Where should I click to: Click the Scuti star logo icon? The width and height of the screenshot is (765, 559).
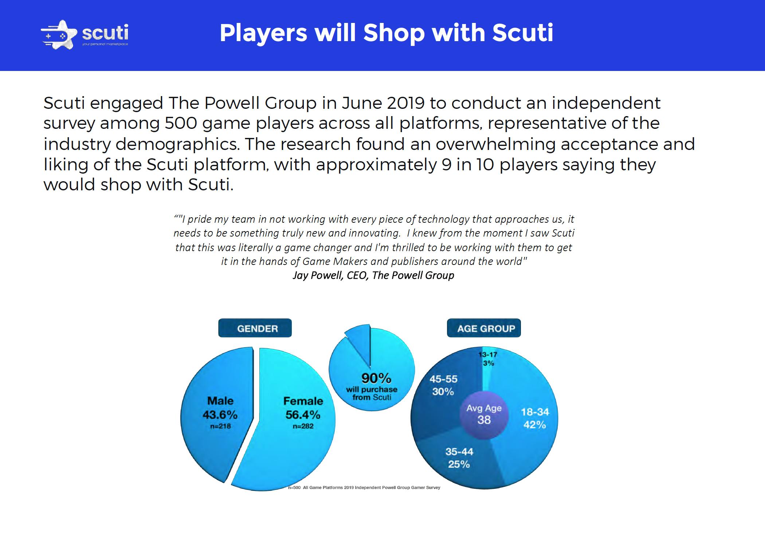59,34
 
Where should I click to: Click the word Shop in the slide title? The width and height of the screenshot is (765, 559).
394,33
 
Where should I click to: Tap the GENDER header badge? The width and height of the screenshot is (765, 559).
255,328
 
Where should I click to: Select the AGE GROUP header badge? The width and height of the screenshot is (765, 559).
484,328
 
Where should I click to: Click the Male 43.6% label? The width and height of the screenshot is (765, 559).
220,408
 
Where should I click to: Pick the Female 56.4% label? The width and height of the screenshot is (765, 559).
303,408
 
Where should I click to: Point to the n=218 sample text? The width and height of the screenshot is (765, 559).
220,426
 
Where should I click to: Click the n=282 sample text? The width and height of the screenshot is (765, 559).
303,426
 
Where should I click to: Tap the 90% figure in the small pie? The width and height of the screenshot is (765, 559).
376,378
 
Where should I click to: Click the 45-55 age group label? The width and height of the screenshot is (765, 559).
443,379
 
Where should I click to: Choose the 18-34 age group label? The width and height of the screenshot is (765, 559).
535,412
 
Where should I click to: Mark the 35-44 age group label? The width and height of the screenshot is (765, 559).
459,452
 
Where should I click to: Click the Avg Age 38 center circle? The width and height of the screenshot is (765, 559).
484,415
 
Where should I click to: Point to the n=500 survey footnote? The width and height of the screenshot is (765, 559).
364,487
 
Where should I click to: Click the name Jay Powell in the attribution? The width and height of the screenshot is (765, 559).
318,275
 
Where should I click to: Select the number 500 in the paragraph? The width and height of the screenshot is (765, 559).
181,123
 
